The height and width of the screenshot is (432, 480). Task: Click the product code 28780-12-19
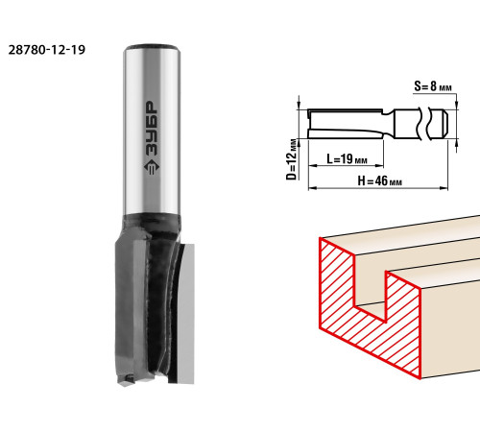coord(47,50)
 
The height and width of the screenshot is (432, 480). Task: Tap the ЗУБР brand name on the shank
coord(151,128)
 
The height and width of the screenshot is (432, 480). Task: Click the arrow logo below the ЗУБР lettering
coord(151,167)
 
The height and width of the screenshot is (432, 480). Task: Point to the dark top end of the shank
coord(151,47)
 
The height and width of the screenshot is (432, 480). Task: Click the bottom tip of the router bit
coord(126,385)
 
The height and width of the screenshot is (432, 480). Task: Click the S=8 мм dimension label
coord(433,86)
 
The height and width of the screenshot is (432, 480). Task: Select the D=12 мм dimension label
coord(292,159)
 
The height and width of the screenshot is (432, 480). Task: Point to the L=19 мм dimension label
coord(347,158)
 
